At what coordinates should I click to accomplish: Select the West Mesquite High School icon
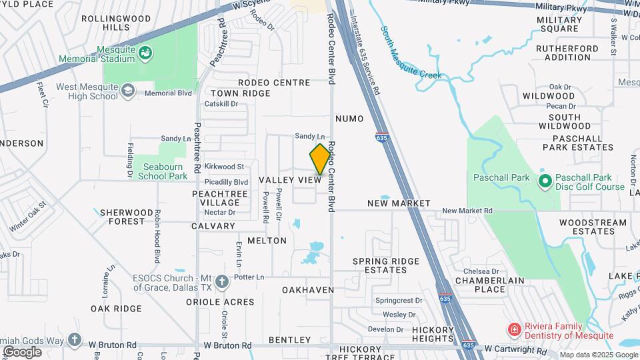[x=127, y=89]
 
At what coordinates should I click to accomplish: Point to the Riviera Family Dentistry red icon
[x=514, y=329]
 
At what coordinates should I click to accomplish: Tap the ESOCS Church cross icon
[x=222, y=282]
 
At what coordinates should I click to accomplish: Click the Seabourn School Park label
[x=163, y=171]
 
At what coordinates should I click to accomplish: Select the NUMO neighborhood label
[x=350, y=119]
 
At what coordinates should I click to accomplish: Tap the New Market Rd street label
[x=467, y=211]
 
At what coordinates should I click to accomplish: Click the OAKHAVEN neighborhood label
[x=308, y=290]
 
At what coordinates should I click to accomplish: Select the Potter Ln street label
[x=250, y=277]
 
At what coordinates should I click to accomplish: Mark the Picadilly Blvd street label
[x=227, y=181]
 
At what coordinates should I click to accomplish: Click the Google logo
[x=23, y=351]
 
